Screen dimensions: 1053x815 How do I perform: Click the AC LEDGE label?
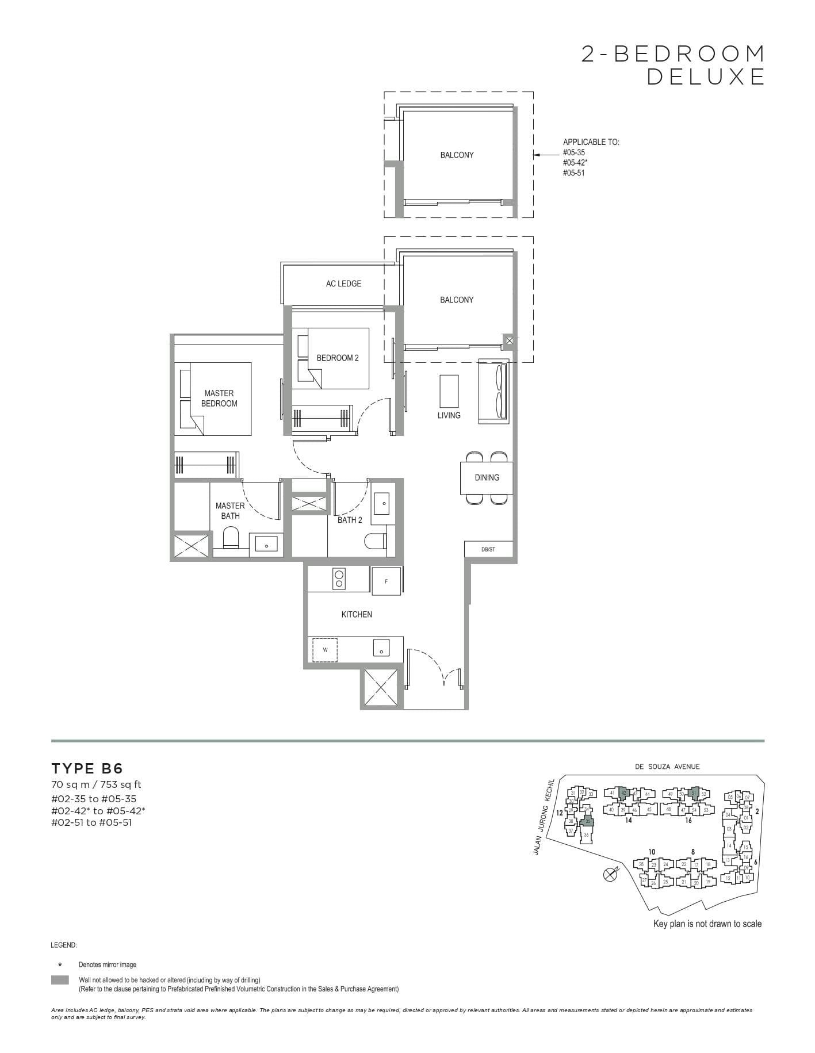coord(343,284)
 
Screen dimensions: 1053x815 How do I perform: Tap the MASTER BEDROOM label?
coord(219,398)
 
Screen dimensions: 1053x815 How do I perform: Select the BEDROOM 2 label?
coord(338,358)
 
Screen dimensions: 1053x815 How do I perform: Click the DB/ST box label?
coord(488,549)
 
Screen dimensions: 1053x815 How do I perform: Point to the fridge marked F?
coord(386,581)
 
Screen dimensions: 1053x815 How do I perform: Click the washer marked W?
coord(325,650)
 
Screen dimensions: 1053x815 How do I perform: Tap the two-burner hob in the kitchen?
coord(339,579)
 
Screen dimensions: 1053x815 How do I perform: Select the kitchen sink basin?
coord(381,649)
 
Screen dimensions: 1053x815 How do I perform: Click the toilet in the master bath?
coord(231,538)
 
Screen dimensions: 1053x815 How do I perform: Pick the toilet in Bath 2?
coord(376,542)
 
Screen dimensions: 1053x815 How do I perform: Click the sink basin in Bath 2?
coord(382,503)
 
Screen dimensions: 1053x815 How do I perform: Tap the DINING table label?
coord(487,477)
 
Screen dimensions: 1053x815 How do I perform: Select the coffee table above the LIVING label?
coord(449,391)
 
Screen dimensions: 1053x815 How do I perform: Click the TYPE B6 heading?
coord(87,768)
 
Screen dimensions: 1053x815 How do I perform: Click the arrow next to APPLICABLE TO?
coord(543,154)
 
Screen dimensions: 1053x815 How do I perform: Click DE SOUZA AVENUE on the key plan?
coord(667,767)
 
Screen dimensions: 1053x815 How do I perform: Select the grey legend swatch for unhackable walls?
coord(60,980)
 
